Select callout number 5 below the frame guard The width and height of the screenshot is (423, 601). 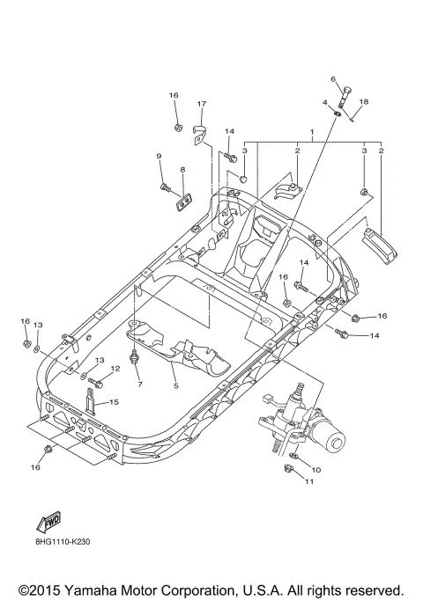point(174,385)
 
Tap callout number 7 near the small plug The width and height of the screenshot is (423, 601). point(138,385)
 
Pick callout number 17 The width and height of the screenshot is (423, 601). point(200,104)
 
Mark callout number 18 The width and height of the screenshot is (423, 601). point(364,102)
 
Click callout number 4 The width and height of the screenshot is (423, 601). point(325,103)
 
